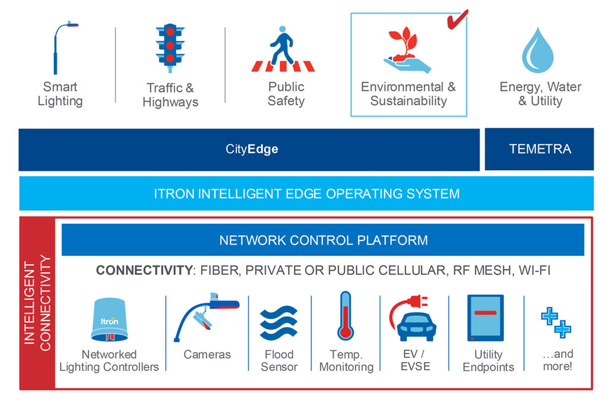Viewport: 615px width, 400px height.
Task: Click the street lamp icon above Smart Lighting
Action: [60, 47]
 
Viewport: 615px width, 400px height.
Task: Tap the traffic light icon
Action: [170, 45]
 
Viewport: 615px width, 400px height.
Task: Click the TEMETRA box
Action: [540, 149]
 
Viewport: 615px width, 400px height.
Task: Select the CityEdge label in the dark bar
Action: [252, 149]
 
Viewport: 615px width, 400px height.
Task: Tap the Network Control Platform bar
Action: [323, 240]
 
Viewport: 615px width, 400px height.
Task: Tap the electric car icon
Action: [413, 320]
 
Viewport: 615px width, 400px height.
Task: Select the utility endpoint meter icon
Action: [485, 318]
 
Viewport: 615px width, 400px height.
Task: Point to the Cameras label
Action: [207, 355]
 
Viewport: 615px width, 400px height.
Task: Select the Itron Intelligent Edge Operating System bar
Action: [306, 193]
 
